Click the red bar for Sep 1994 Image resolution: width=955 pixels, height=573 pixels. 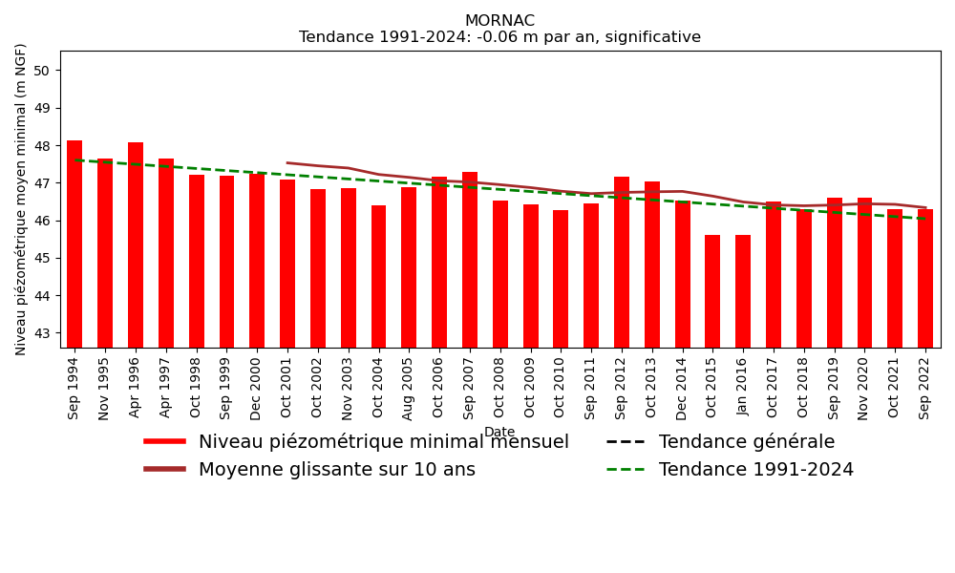coord(74,244)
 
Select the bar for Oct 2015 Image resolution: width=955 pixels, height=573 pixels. coord(712,291)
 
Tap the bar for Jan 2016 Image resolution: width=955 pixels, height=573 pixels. coord(743,291)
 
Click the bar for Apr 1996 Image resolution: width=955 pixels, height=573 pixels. coord(136,244)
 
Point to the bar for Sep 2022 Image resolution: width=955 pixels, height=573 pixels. coord(925,279)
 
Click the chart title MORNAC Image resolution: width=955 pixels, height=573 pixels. coord(499,21)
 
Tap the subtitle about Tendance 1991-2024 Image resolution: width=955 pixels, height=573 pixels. coord(499,38)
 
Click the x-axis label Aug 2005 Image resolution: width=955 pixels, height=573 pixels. coord(409,387)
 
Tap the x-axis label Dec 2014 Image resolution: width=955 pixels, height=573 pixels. coord(683,387)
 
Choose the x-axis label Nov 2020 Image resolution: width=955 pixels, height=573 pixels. coord(865,387)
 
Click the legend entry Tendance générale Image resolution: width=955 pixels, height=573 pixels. coord(746,442)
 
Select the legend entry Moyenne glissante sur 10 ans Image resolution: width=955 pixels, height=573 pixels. coord(336,470)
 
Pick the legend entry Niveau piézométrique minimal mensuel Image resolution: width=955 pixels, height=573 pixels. coord(383,442)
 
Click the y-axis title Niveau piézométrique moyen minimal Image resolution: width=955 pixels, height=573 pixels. coord(22,199)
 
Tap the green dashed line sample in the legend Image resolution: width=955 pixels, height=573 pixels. coord(626,470)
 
